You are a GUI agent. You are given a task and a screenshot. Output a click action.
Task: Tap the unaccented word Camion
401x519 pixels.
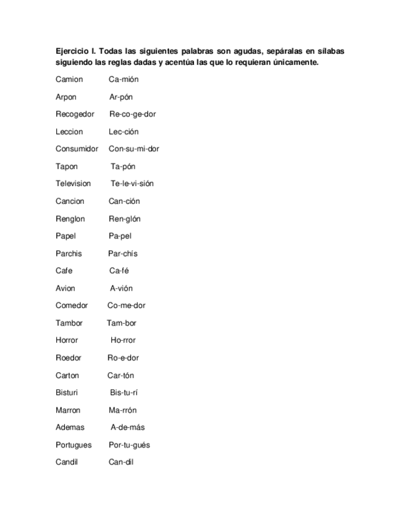pyautogui.click(x=69, y=80)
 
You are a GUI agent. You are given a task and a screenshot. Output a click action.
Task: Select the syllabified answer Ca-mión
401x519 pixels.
pyautogui.click(x=124, y=80)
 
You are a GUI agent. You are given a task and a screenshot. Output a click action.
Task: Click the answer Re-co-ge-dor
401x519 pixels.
pyautogui.click(x=132, y=114)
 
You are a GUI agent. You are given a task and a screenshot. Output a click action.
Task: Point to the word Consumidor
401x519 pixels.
pyautogui.click(x=77, y=149)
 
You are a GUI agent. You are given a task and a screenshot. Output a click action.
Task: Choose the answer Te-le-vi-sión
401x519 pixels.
pyautogui.click(x=132, y=184)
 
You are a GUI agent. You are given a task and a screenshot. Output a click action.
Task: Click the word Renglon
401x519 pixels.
pyautogui.click(x=70, y=218)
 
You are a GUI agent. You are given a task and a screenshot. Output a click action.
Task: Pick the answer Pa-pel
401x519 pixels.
pyautogui.click(x=120, y=236)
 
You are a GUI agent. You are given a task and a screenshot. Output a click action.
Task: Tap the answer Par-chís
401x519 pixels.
pyautogui.click(x=123, y=253)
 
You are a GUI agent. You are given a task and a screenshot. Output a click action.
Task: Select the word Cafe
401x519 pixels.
pyautogui.click(x=64, y=271)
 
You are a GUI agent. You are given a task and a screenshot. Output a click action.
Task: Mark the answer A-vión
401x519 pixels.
pyautogui.click(x=121, y=288)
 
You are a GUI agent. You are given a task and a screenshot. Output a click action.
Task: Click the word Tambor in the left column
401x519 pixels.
pyautogui.click(x=69, y=323)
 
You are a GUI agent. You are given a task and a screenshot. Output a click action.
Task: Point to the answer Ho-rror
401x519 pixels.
pyautogui.click(x=123, y=340)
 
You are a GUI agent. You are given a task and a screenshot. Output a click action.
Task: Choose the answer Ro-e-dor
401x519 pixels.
pyautogui.click(x=123, y=357)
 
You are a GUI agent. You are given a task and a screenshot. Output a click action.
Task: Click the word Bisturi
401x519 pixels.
pyautogui.click(x=67, y=392)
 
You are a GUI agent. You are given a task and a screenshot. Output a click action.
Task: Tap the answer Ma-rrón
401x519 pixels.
pyautogui.click(x=122, y=410)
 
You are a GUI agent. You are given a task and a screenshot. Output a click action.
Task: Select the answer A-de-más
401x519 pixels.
pyautogui.click(x=127, y=427)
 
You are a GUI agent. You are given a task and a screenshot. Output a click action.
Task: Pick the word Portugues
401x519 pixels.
pyautogui.click(x=73, y=445)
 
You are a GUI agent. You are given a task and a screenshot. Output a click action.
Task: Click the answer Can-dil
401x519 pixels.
pyautogui.click(x=121, y=462)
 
